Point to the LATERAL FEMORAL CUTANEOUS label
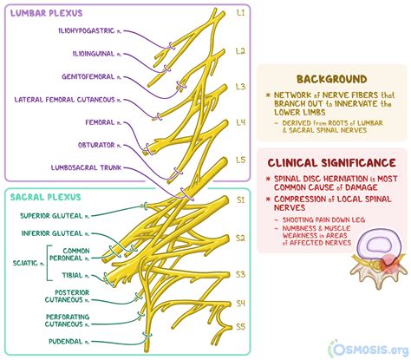[x=70, y=99]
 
